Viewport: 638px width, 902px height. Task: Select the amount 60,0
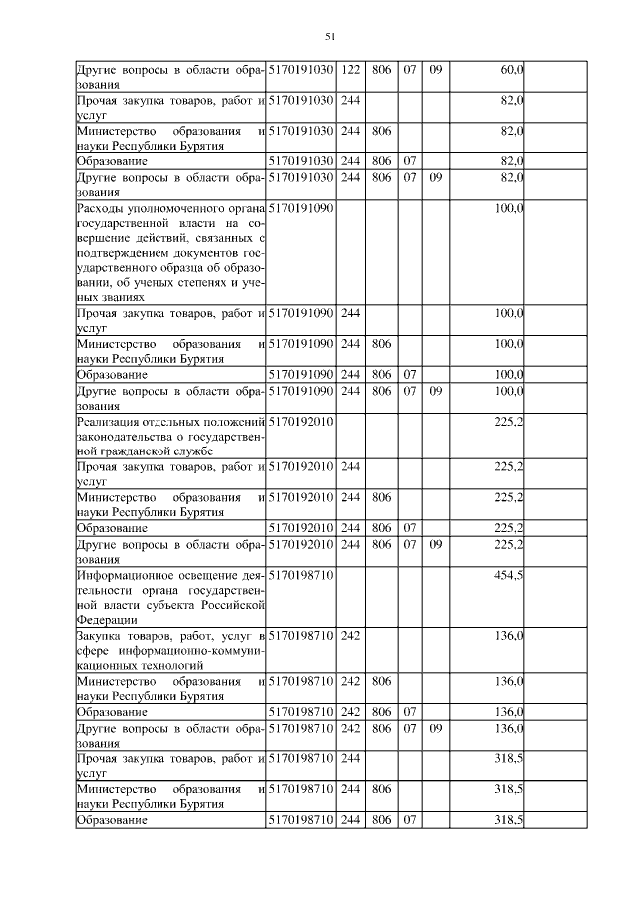[511, 69]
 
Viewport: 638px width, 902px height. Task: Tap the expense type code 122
[351, 69]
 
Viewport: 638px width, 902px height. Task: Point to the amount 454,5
[509, 575]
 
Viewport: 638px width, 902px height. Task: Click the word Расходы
[102, 208]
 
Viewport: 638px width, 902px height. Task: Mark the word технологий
[173, 665]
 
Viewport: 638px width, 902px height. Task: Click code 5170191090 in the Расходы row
[301, 208]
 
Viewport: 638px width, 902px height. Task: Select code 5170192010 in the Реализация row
[301, 423]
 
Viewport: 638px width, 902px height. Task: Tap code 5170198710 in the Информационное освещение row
[301, 575]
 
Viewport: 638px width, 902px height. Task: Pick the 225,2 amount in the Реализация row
[509, 423]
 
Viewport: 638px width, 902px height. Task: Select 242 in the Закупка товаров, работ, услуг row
[351, 636]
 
